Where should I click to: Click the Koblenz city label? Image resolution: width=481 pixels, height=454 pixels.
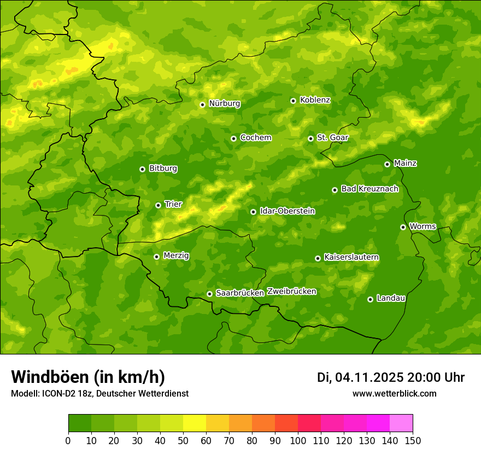[315, 100]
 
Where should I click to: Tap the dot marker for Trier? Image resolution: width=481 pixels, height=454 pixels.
[158, 205]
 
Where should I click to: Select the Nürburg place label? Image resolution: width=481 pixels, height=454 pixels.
[224, 103]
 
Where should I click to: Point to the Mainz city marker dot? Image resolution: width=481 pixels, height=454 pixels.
[387, 164]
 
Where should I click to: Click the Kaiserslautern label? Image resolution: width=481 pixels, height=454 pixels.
[351, 257]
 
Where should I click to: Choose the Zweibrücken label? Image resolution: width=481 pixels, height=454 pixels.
[291, 292]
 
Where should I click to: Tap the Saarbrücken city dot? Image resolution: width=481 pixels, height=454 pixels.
[209, 294]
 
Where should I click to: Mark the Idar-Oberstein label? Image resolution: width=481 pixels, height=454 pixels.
[287, 211]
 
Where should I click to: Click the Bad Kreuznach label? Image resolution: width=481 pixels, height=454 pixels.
[369, 189]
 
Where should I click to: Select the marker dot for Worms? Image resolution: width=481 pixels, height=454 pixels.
[403, 227]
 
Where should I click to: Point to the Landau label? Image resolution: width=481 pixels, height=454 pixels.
[391, 298]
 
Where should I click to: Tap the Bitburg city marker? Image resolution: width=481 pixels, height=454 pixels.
[142, 169]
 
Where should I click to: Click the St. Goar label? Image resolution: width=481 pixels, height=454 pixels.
[332, 138]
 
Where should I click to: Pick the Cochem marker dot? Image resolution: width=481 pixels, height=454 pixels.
[233, 138]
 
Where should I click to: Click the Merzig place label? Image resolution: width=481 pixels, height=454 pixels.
[176, 255]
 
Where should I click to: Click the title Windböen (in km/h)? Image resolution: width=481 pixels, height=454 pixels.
[87, 377]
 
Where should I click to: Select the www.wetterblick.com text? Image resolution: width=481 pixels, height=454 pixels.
[394, 393]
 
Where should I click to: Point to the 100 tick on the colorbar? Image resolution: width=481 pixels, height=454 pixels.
[297, 440]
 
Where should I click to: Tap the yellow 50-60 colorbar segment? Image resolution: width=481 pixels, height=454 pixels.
[195, 423]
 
